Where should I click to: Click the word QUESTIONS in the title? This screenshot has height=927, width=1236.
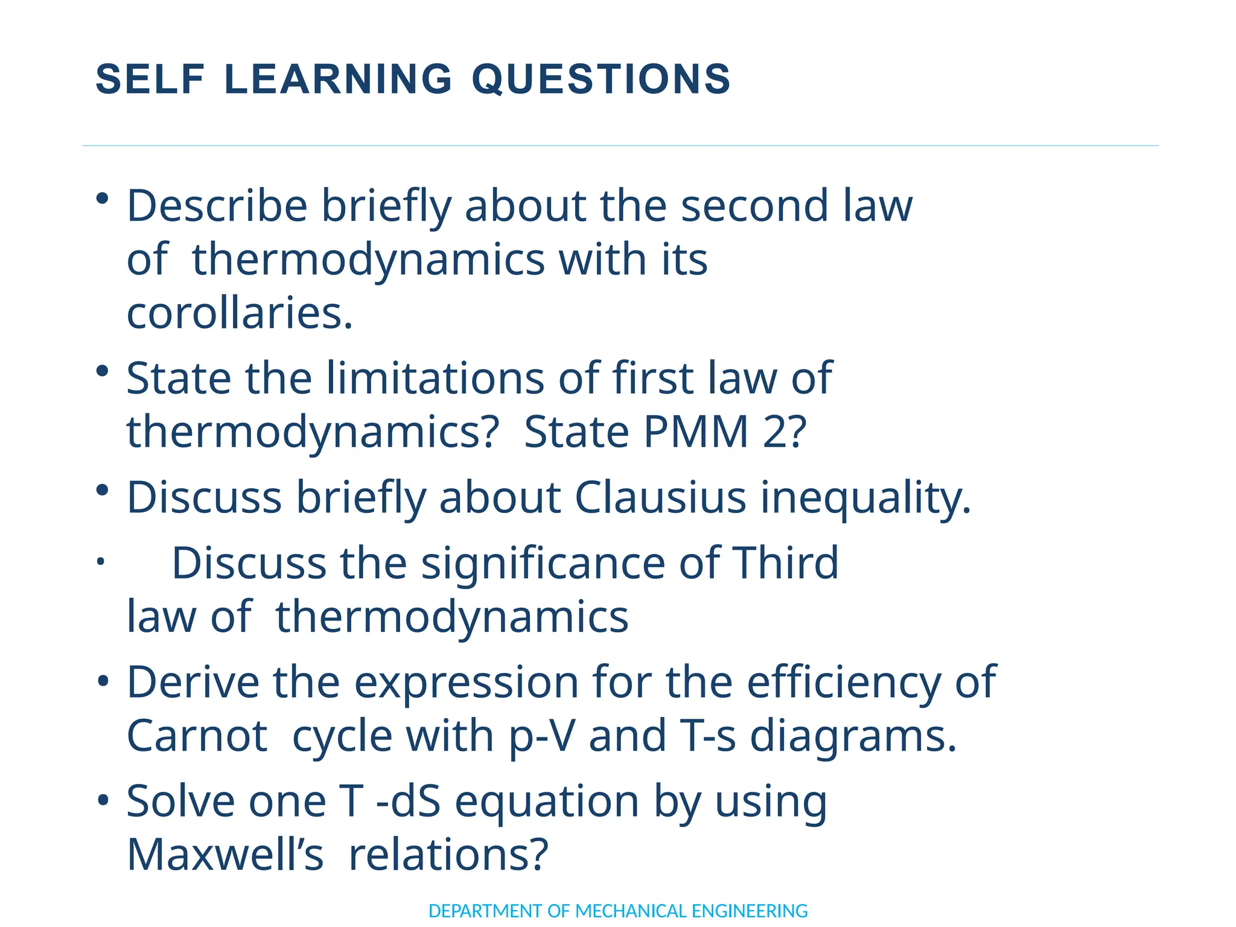[601, 79]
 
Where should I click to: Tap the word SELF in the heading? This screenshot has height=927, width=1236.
[150, 79]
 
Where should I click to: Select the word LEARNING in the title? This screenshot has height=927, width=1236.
[338, 79]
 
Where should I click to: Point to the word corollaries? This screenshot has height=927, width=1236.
[240, 314]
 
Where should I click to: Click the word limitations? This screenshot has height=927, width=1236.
[435, 379]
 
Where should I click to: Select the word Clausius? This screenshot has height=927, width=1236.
[661, 499]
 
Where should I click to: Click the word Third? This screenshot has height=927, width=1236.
[785, 562]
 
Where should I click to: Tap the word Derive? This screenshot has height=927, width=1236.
[193, 683]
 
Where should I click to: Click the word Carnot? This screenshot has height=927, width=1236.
[197, 736]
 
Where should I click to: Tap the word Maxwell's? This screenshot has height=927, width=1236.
[225, 855]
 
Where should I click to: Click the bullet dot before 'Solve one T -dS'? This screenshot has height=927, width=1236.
[103, 801]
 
